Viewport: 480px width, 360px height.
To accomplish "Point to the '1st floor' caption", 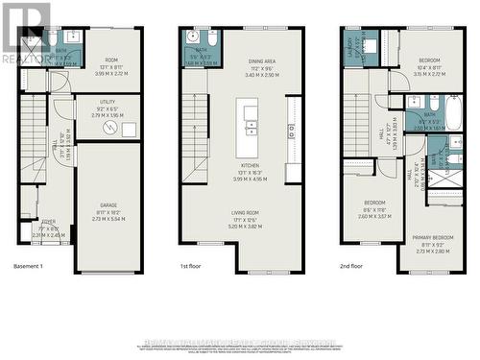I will point(193,266).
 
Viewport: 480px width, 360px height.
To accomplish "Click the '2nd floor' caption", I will point(352,266).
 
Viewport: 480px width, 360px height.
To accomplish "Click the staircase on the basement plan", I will point(33,143).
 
